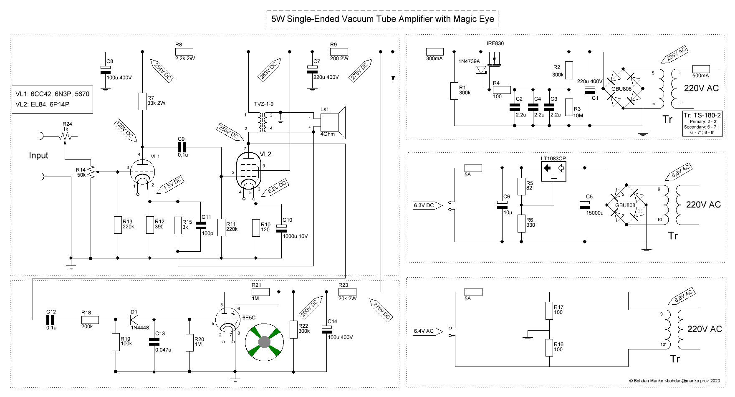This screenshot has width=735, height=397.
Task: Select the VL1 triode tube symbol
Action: point(142,172)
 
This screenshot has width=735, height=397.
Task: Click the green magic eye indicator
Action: point(264,342)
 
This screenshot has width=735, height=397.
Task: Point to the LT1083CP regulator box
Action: point(554,171)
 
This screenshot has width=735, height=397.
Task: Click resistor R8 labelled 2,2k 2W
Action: point(184,52)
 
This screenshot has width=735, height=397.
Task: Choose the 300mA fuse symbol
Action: point(434,52)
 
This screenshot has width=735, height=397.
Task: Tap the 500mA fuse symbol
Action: point(701,69)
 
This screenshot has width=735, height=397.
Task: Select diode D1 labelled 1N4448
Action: point(134,320)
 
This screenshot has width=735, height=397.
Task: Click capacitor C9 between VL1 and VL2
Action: point(182,147)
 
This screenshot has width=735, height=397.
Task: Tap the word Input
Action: point(38,155)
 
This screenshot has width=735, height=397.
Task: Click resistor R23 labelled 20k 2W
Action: point(347,292)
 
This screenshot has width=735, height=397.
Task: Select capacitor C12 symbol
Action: point(50,320)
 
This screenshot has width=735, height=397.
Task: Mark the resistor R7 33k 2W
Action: point(142,101)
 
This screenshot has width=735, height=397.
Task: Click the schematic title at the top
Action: point(382,19)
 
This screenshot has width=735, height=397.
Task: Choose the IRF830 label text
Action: point(495,43)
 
